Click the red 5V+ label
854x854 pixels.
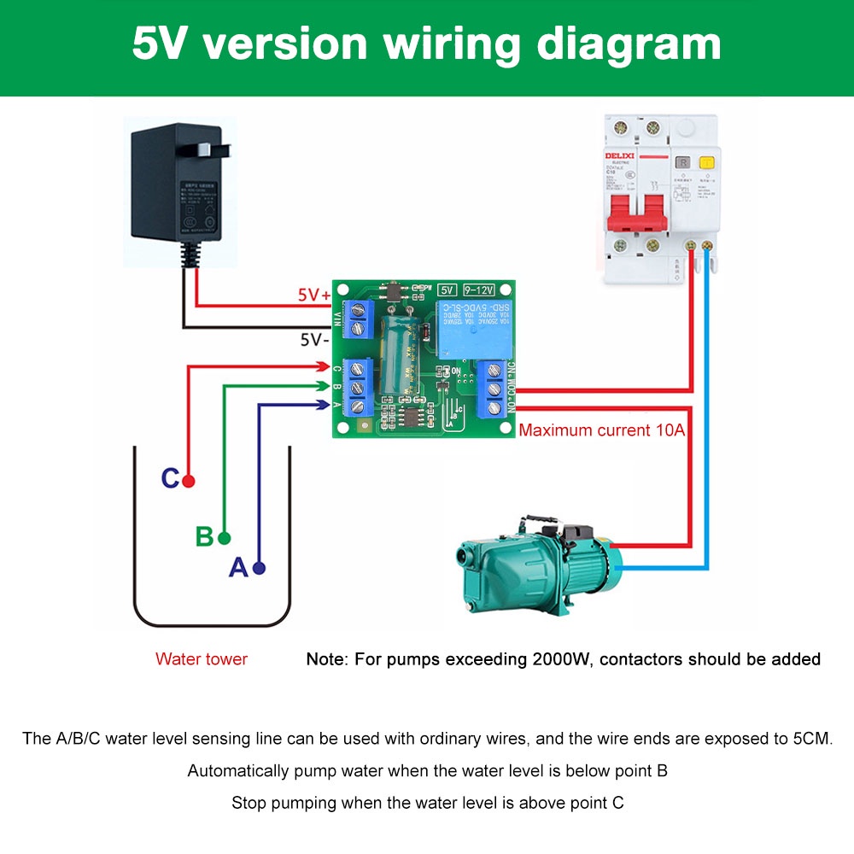[313, 295]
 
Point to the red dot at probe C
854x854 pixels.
[189, 481]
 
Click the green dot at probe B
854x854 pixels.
[224, 538]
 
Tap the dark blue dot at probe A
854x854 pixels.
[259, 568]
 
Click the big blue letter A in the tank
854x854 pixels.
[238, 567]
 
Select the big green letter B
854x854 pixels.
[204, 537]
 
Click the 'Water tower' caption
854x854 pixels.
[202, 659]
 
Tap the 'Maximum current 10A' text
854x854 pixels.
[602, 430]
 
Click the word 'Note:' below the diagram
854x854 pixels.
[325, 659]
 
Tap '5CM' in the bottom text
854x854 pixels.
[811, 739]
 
